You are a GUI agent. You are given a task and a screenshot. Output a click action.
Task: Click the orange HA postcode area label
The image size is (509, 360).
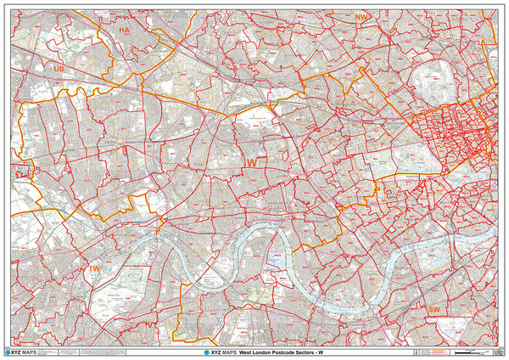click(x=124, y=30)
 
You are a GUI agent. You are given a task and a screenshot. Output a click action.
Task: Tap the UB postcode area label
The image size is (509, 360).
click(x=59, y=67)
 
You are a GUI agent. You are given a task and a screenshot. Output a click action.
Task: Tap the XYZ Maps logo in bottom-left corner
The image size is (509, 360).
click(x=21, y=352)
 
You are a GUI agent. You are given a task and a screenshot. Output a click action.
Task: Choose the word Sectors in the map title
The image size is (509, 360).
click(x=303, y=352)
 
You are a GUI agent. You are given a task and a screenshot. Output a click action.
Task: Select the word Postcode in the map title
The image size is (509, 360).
click(x=281, y=352)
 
